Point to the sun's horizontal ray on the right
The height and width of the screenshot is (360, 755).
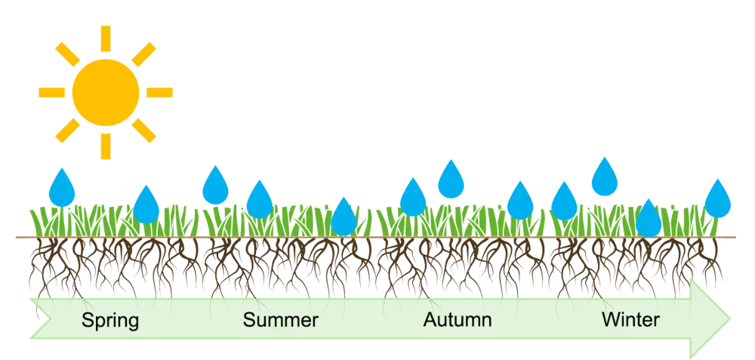click(x=159, y=92)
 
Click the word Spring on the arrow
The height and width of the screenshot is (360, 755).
click(x=110, y=321)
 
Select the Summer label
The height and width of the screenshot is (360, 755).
click(x=281, y=321)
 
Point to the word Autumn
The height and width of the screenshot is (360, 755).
click(x=458, y=321)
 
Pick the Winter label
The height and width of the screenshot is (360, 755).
click(x=630, y=321)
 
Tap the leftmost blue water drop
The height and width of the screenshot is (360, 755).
click(x=63, y=187)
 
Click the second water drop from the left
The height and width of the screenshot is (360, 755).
click(x=146, y=205)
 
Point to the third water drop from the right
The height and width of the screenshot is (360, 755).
click(x=604, y=177)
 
